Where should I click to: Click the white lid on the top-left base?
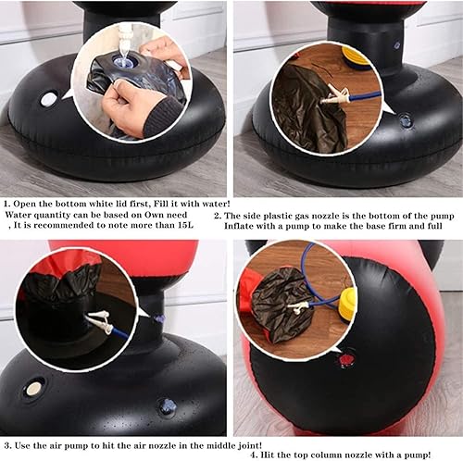pos(49,99)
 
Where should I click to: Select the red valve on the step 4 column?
pos(344,359)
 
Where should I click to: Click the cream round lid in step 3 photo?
pos(33,389)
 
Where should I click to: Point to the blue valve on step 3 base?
pos(167,405)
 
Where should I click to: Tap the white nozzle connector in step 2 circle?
pos(336,94)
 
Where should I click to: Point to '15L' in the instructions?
pos(185,225)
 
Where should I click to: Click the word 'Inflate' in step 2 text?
pos(238,226)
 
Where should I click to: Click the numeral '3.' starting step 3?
pos(8,446)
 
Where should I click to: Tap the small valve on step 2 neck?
pos(397,45)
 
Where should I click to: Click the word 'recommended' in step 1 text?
pos(64,225)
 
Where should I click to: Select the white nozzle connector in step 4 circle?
pos(298,307)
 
